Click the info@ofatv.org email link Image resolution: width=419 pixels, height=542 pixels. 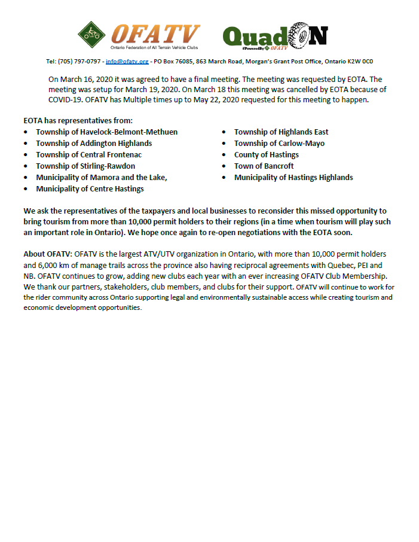tap(127, 62)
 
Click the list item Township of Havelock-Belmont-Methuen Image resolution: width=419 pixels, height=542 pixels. tap(106, 132)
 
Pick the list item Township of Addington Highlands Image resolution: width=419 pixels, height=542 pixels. tap(94, 143)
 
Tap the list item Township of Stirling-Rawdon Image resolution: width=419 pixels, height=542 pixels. tap(85, 166)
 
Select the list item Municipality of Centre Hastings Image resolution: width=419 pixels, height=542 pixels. tap(90, 189)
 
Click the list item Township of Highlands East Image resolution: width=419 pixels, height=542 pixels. tap(281, 132)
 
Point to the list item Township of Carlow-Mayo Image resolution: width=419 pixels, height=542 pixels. tap(279, 143)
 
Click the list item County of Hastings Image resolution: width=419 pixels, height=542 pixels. tap(266, 154)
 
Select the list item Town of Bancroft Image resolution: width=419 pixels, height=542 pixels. tap(264, 166)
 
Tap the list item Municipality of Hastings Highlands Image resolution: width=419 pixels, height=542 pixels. tap(293, 177)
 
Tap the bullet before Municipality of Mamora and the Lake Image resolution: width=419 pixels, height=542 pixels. tap(26, 178)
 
